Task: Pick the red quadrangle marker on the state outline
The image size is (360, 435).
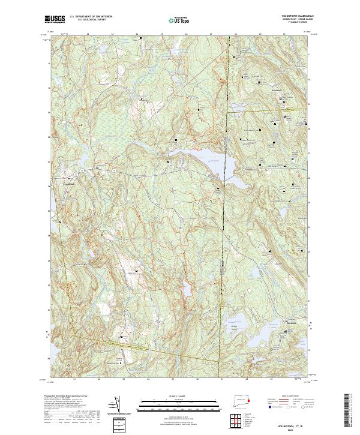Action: point(248,398)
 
